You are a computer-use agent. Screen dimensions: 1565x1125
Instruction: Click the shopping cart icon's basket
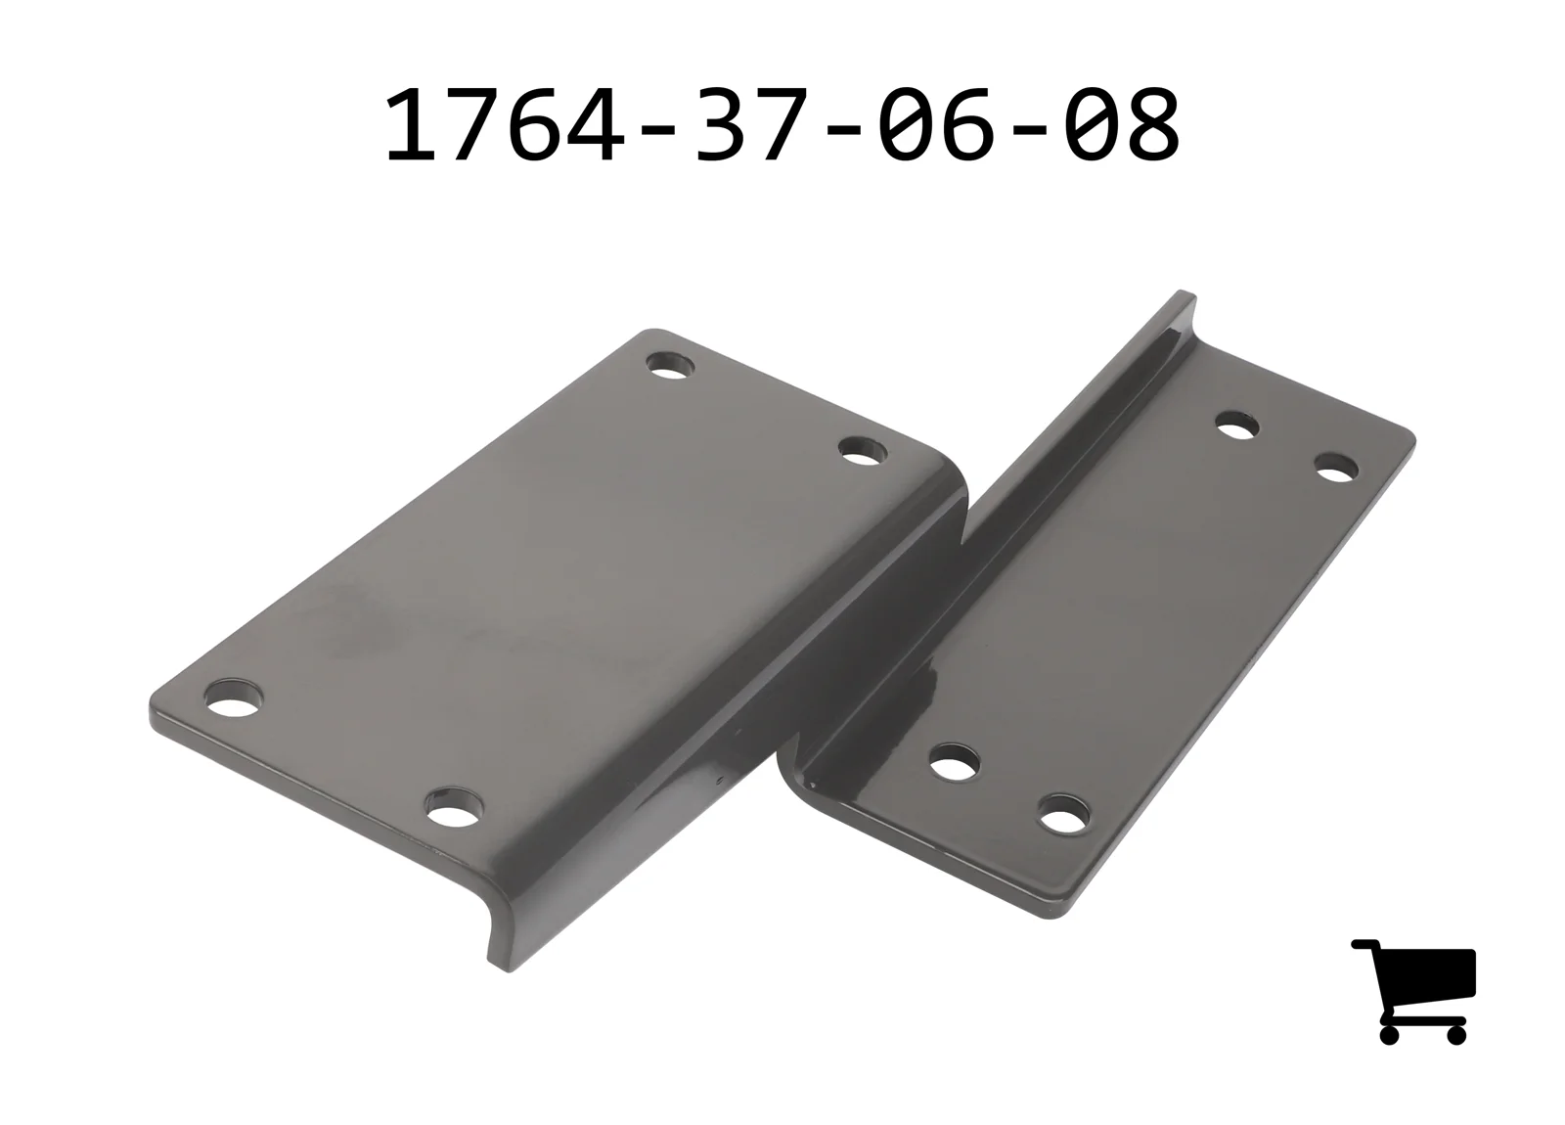1432,972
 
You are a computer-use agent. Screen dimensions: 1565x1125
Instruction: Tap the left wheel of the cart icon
1390,1034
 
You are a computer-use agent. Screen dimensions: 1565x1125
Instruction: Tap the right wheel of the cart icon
1456,1034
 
